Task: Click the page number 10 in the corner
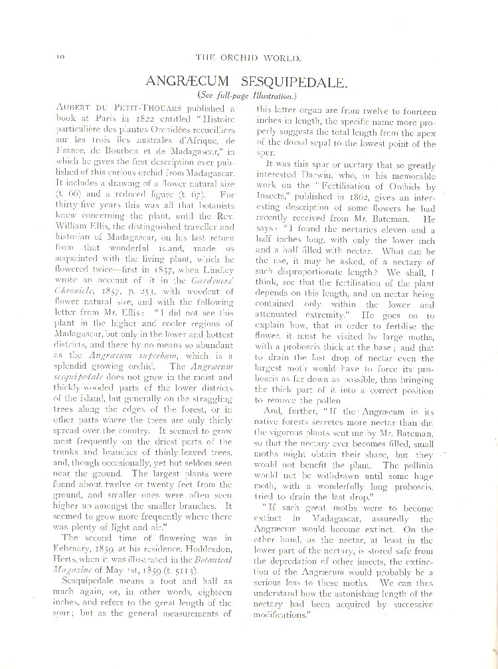pyautogui.click(x=51, y=59)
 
